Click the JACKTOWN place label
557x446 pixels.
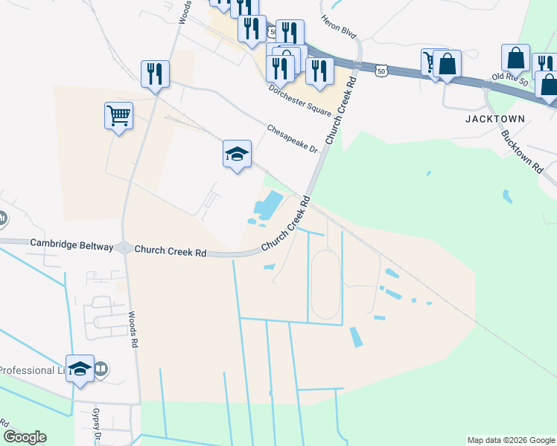click(x=495, y=118)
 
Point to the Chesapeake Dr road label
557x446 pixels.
click(x=293, y=139)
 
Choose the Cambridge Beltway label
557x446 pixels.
click(x=71, y=244)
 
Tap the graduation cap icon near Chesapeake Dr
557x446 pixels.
click(x=237, y=154)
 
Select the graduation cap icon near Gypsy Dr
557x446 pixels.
click(x=80, y=368)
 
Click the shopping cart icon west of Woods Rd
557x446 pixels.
click(x=119, y=116)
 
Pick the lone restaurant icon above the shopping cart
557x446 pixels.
click(x=155, y=74)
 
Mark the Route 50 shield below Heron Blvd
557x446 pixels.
click(x=381, y=71)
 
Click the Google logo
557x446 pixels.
click(x=25, y=437)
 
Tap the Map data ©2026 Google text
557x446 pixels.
click(x=511, y=440)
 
